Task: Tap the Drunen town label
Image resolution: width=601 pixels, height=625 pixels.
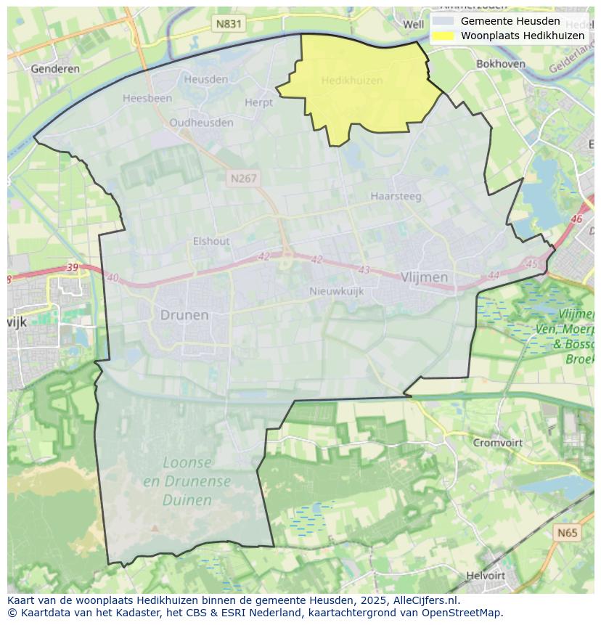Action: click(184, 315)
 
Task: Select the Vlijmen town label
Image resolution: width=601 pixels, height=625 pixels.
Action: click(424, 277)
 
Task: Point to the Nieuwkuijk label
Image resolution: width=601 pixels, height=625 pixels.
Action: click(336, 291)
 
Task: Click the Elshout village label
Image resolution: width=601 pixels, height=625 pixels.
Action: click(211, 241)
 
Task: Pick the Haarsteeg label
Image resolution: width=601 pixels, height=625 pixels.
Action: click(396, 196)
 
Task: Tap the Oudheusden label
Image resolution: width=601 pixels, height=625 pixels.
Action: click(201, 123)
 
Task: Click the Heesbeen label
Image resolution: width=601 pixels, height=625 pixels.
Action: click(147, 98)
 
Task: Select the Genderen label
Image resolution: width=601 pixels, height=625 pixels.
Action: click(55, 69)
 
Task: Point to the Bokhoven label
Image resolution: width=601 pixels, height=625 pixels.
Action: click(500, 64)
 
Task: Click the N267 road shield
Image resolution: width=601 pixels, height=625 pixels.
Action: click(242, 178)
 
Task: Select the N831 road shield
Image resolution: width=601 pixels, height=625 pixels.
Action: click(229, 24)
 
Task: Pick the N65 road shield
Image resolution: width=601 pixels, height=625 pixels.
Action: click(568, 533)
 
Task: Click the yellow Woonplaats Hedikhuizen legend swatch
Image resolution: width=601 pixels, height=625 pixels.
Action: click(442, 36)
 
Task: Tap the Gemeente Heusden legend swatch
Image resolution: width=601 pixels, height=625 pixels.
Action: click(442, 21)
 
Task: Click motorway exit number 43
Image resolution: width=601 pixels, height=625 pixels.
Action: click(364, 270)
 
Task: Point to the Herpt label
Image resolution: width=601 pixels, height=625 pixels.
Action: click(258, 103)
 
